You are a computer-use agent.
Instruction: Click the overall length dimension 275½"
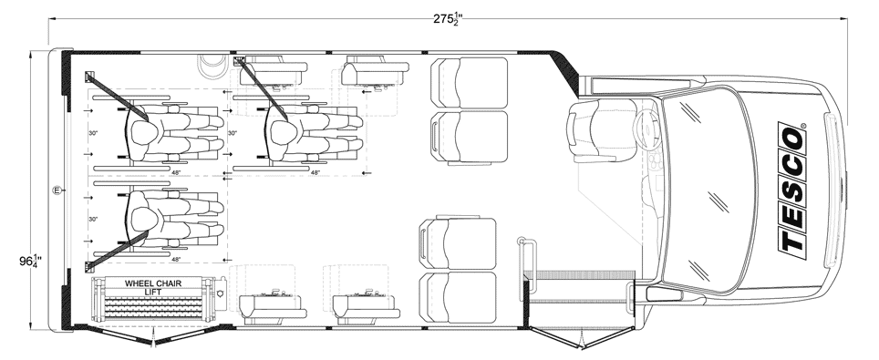(448, 19)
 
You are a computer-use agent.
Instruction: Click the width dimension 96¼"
(30, 262)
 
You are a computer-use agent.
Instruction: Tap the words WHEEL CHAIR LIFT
(152, 288)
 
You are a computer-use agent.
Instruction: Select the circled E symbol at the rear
(57, 191)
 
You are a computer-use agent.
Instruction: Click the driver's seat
(600, 130)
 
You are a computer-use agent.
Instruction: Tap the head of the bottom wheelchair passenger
(144, 219)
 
